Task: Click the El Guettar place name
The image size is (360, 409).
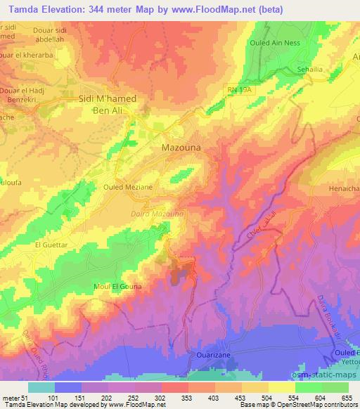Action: (51, 245)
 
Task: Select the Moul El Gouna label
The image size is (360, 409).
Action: (117, 286)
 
